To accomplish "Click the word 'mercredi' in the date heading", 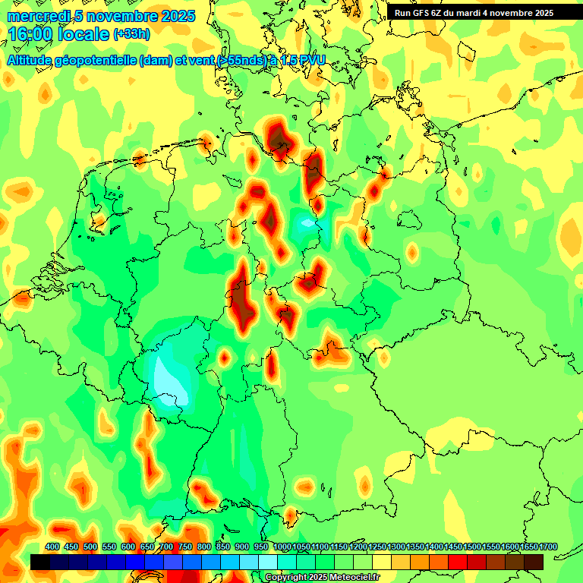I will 36,16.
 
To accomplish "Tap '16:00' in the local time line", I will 31,34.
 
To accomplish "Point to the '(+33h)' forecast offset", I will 132,34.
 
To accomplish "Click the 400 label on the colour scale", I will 52,547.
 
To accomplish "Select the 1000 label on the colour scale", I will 282,547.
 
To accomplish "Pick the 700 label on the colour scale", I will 166,547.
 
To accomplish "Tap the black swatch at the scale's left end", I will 40,562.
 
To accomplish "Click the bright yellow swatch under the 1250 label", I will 382,562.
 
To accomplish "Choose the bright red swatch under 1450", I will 458,562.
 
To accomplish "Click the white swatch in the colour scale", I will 268,562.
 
